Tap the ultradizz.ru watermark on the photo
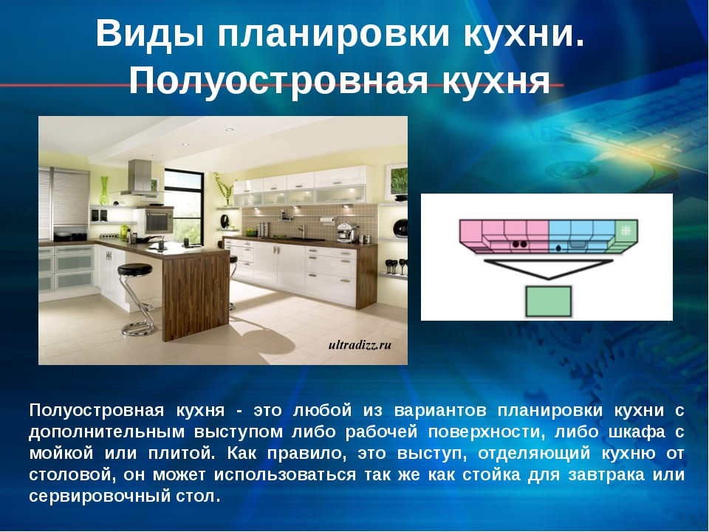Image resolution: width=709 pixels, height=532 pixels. (360, 345)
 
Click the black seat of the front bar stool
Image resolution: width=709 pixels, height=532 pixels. (134, 270)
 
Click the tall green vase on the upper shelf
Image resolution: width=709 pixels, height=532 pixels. (104, 191)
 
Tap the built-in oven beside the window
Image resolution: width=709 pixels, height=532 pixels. (159, 221)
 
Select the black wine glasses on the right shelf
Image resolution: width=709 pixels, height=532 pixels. (394, 267)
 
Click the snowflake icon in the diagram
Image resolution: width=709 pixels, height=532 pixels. (626, 231)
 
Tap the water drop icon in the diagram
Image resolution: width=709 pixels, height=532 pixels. (559, 248)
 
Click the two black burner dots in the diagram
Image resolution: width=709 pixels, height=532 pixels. (519, 245)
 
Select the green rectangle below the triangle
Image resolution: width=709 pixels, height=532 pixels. (548, 301)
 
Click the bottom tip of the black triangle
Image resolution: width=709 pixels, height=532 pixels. (548, 279)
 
